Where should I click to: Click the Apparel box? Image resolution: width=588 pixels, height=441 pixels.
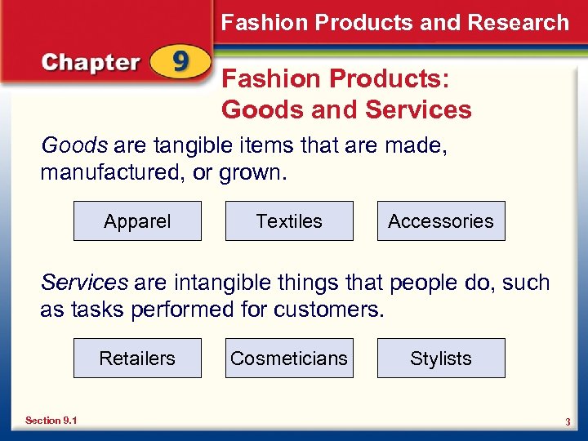[137, 221]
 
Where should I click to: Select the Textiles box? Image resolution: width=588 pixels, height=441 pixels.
[289, 221]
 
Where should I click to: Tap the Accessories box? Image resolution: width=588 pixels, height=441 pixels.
[441, 221]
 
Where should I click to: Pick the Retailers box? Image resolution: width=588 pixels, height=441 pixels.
[137, 359]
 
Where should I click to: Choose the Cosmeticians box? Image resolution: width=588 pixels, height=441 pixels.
[289, 359]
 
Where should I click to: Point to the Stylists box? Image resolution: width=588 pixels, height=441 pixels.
[441, 359]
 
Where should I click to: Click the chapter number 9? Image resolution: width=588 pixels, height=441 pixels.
[181, 63]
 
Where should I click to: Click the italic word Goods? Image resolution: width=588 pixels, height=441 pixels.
[74, 145]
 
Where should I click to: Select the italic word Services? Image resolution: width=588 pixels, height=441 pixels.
[84, 283]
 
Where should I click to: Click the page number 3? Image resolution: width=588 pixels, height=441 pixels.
[567, 421]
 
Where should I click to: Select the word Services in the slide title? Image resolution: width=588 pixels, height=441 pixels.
[419, 109]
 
